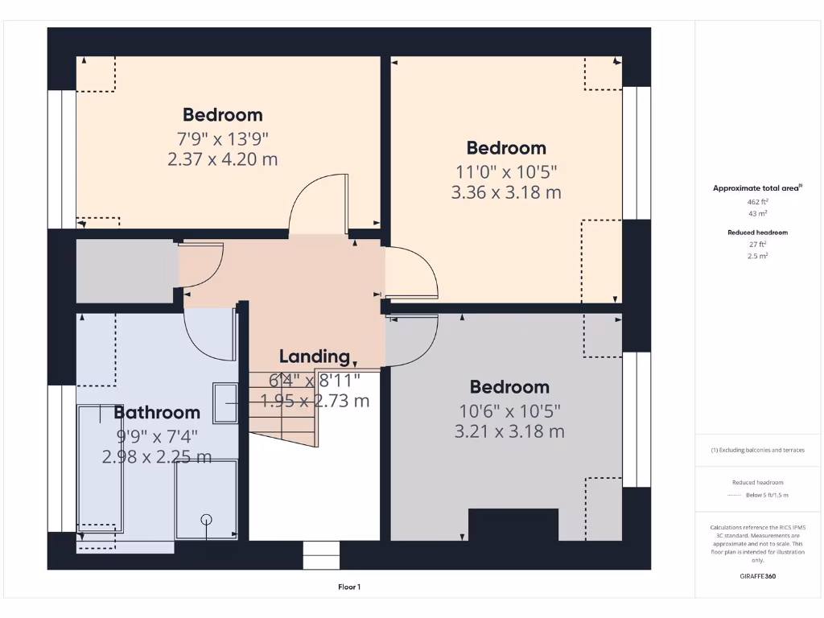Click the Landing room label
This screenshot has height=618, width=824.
tap(315, 356)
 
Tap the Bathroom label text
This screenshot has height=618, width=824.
tap(157, 413)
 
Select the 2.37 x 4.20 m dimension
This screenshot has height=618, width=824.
tap(223, 159)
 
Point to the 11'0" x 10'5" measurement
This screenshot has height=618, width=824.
tap(506, 171)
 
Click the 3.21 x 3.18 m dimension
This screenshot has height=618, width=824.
tap(509, 431)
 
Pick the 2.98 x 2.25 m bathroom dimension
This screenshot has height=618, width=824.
tap(157, 457)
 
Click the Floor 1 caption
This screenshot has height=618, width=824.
tap(348, 587)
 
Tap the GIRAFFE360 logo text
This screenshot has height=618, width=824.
tap(757, 576)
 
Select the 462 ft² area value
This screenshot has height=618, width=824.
tap(757, 201)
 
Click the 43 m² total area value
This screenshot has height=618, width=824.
tap(757, 213)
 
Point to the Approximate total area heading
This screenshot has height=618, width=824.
tap(756, 188)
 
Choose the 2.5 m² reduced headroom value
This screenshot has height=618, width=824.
tap(757, 255)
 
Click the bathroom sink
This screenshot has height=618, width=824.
tap(225, 403)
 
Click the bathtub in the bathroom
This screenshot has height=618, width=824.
tap(100, 468)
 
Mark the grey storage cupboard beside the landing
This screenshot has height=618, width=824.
tap(125, 270)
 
